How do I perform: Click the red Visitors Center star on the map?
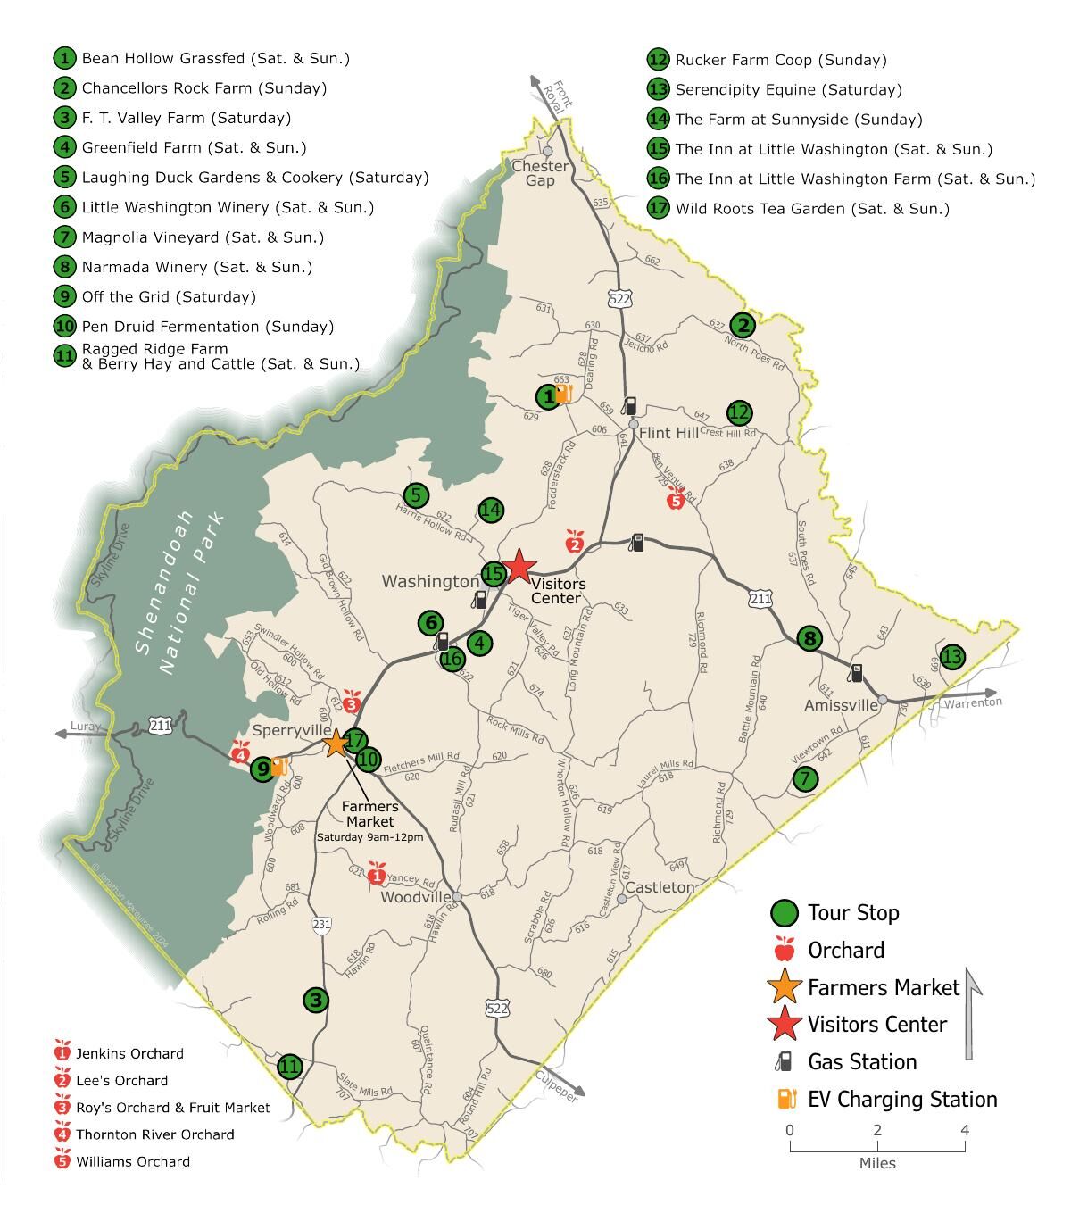point(519,567)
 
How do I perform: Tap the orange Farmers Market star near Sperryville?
point(336,743)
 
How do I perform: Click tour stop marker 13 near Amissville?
point(952,657)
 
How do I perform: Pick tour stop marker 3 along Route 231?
point(316,1001)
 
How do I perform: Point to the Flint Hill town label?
point(669,433)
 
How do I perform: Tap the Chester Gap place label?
point(540,173)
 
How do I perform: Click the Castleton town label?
point(660,887)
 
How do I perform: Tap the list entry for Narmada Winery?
point(196,267)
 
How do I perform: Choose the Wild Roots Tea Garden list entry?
point(812,209)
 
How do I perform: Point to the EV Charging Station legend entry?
point(901,1100)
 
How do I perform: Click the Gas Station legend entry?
point(862,1062)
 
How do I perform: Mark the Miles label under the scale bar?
point(877,1163)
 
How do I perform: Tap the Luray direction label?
point(86,727)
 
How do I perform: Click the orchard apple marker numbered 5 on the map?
point(676,500)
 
